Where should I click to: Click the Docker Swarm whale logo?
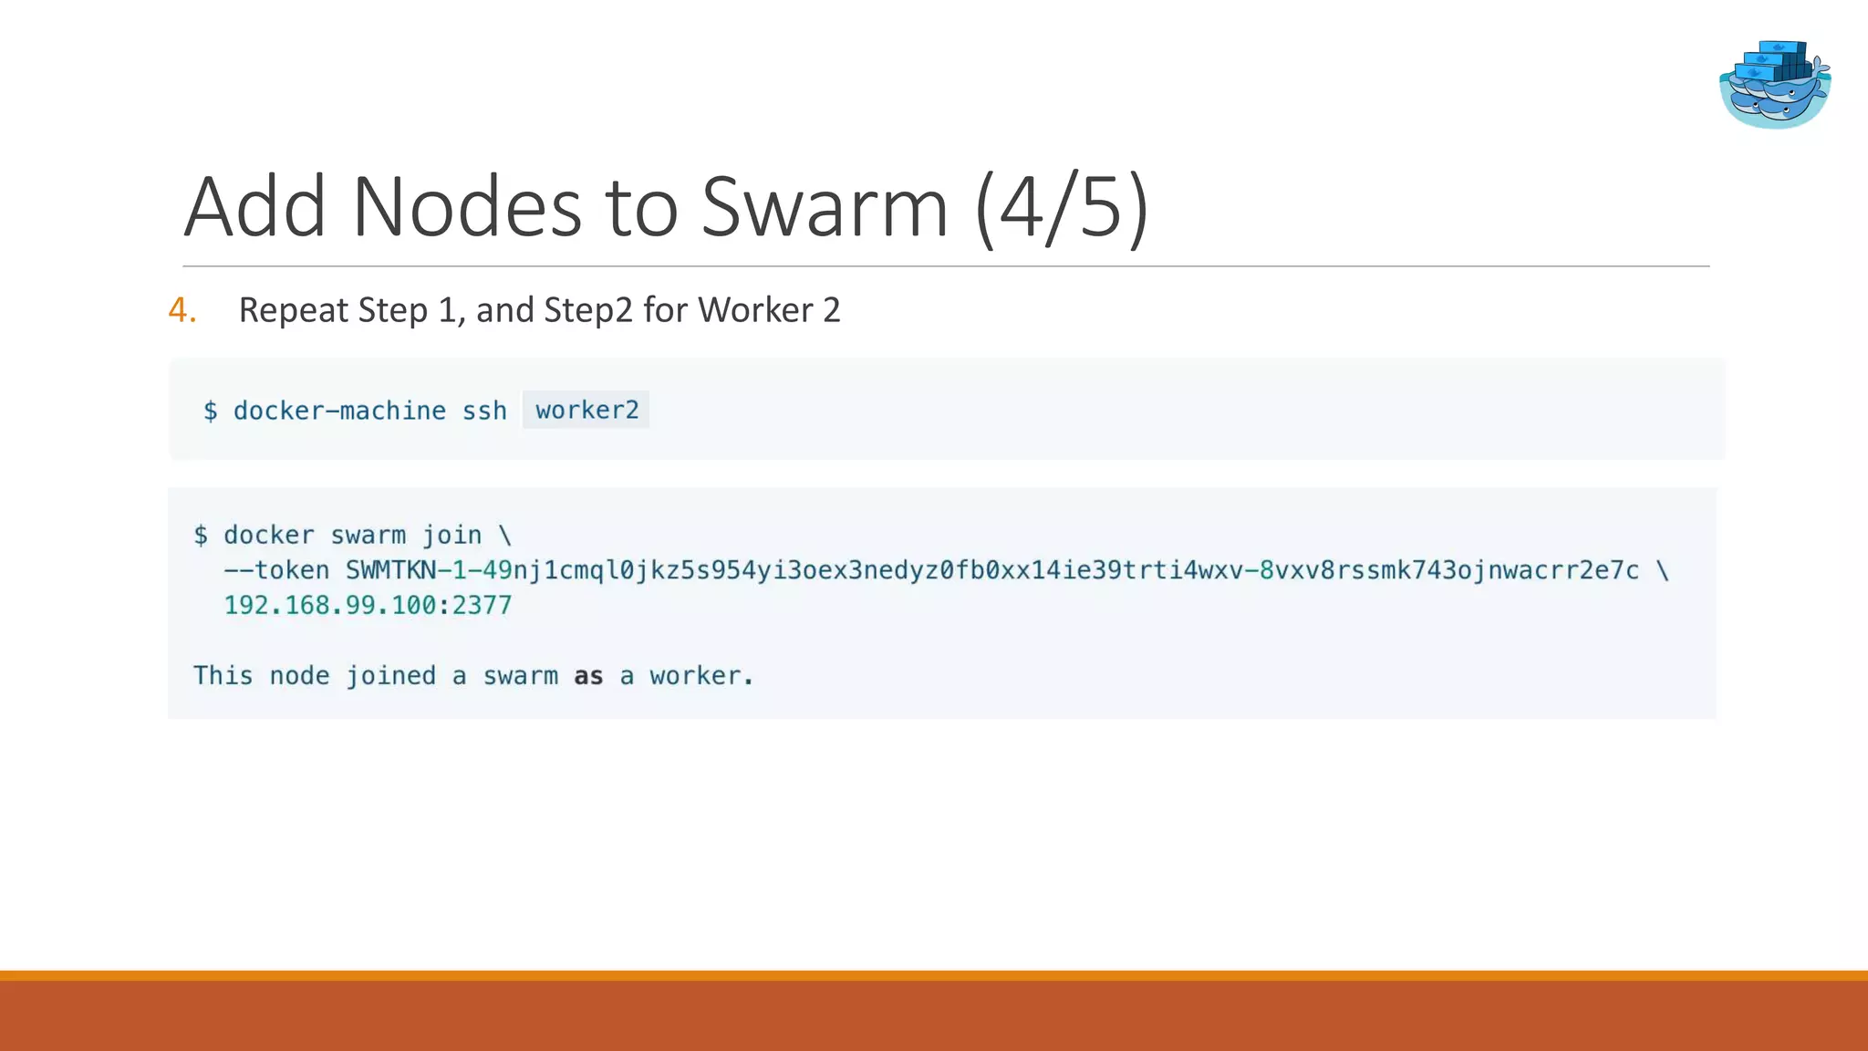(x=1774, y=84)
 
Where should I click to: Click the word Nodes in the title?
(x=466, y=207)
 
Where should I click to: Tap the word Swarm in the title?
(x=825, y=207)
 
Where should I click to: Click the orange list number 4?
(x=182, y=310)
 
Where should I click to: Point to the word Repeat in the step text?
(x=294, y=310)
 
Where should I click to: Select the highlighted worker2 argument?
(x=586, y=411)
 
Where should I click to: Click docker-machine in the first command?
(x=339, y=411)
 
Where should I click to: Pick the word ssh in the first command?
(x=484, y=411)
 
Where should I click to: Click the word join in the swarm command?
(x=451, y=536)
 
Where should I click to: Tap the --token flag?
(x=276, y=571)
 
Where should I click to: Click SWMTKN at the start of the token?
(x=391, y=571)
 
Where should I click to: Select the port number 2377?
(x=483, y=606)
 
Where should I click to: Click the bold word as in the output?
(x=588, y=676)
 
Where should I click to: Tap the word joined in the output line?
(x=390, y=676)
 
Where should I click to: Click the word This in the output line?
(x=223, y=676)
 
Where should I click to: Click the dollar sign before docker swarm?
(x=201, y=536)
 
